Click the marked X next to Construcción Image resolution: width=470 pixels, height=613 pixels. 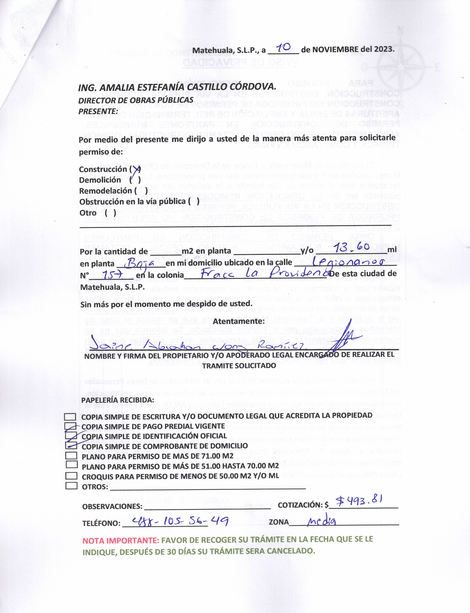coord(136,169)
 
